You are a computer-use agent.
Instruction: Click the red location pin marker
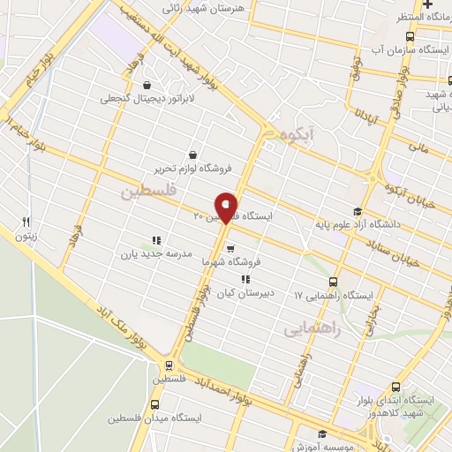[227, 207]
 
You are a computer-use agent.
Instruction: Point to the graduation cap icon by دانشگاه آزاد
[358, 211]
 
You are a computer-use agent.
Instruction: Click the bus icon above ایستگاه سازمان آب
[409, 36]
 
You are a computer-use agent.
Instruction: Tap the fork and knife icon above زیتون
[26, 222]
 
